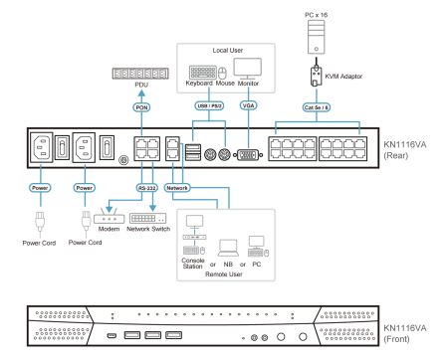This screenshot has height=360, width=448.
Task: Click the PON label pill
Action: [141, 106]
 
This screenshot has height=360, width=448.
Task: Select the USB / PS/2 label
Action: [209, 104]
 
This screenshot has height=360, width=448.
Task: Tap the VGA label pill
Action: [248, 104]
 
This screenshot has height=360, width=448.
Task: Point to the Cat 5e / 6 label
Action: [316, 106]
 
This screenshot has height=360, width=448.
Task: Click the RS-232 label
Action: [146, 187]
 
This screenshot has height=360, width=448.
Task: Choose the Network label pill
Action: [177, 187]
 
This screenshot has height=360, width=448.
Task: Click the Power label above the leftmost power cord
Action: [40, 187]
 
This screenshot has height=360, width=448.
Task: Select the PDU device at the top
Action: [140, 74]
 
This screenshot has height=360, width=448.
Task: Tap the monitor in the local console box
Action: [247, 68]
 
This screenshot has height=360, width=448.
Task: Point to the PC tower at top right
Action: [316, 36]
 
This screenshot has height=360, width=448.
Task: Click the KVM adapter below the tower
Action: [316, 76]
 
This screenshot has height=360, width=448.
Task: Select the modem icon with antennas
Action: [109, 217]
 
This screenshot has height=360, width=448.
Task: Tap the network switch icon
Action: [147, 218]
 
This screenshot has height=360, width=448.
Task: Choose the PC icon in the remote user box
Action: [258, 246]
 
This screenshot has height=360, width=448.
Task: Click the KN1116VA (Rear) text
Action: [404, 150]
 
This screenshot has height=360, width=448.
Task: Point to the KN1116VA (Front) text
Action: [404, 332]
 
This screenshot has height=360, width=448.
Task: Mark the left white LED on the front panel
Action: [281, 337]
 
